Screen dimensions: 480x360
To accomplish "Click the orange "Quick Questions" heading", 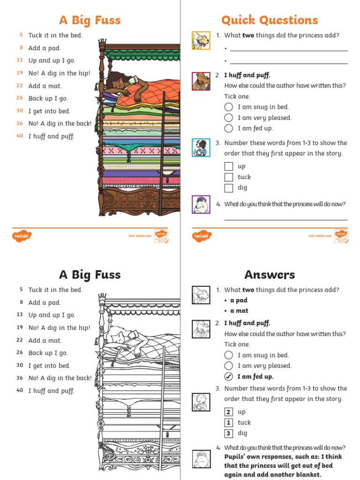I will [x=270, y=20].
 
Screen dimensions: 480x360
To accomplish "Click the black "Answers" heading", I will [x=270, y=275].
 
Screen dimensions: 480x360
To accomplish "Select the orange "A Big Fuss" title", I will [x=90, y=20].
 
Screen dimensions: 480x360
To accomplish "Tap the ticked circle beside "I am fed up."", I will [x=228, y=376].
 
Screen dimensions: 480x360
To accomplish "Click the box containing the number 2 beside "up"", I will [x=228, y=412].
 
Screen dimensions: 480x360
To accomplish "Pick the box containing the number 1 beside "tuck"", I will [x=228, y=423].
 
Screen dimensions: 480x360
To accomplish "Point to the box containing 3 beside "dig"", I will [x=228, y=434].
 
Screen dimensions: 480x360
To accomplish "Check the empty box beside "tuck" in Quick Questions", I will [x=228, y=177].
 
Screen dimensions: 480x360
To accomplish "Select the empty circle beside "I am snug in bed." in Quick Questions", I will [x=228, y=107].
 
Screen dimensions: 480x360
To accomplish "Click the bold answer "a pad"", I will [x=239, y=300].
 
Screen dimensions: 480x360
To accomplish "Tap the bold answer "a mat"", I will [x=239, y=310].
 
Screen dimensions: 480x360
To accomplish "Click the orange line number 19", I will [x=20, y=73].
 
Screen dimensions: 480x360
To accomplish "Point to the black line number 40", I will [x=20, y=390].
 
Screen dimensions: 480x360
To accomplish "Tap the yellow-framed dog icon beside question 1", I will [x=201, y=40].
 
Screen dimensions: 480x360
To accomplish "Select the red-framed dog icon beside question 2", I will [x=201, y=81].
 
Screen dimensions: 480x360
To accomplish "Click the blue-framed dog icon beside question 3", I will [x=201, y=148].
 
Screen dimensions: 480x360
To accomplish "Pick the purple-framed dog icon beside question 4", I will [x=201, y=204].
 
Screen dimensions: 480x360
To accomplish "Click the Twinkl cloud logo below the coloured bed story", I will [x=21, y=236].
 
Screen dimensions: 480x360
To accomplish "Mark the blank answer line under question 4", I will [x=286, y=219].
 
